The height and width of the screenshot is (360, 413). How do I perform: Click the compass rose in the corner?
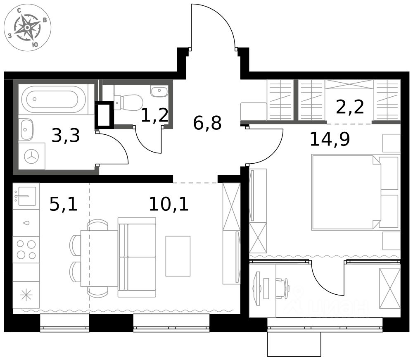27,28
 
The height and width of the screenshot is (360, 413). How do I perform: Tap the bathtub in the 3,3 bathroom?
53,99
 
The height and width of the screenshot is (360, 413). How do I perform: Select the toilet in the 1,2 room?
128,103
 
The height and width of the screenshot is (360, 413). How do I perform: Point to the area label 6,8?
207,123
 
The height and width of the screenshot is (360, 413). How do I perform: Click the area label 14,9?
330,139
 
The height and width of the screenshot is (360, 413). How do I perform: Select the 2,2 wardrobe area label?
350,107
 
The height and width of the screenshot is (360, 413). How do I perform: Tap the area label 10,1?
169,204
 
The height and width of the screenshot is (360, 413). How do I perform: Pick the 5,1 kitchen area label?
64,204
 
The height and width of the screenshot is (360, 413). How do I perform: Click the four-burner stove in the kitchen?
26,249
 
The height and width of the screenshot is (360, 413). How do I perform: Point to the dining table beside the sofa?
99,258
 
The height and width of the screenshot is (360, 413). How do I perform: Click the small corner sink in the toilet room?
159,91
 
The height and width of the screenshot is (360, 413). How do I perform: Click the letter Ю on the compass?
35,45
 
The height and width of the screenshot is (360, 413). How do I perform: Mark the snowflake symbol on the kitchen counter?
26,295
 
